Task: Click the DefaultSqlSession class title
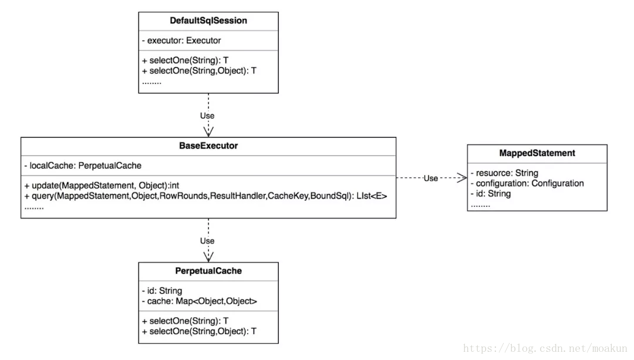[208, 21]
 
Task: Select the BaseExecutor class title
[208, 146]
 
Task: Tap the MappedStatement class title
[537, 153]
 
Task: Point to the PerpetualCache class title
[208, 271]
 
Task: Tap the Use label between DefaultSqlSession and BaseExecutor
[207, 116]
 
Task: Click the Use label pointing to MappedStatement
[431, 179]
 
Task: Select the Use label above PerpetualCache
[207, 241]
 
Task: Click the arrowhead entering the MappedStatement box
[463, 177]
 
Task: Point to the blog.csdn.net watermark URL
[545, 348]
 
